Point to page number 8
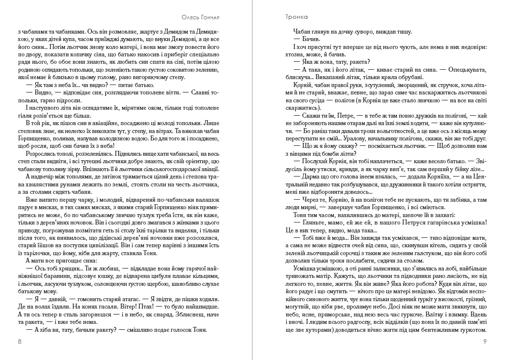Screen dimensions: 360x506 point(19,341)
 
